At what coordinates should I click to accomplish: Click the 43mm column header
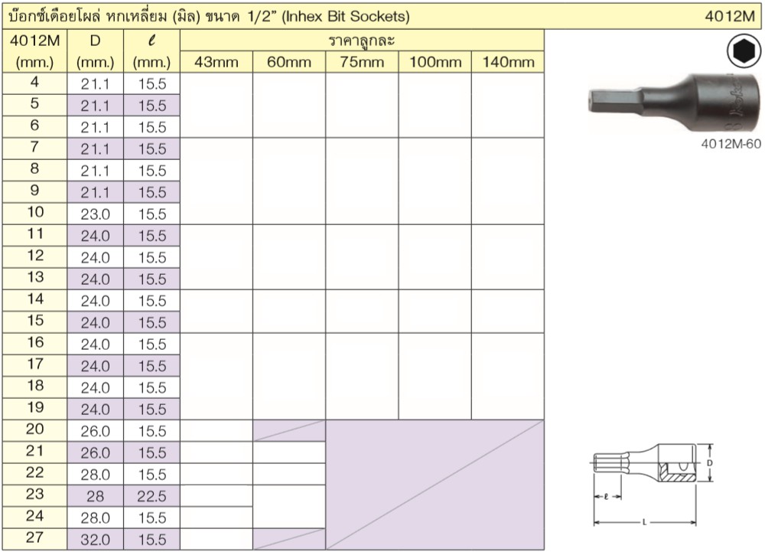(x=216, y=62)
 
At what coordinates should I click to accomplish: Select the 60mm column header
(x=289, y=62)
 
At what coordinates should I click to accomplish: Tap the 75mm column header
(x=362, y=62)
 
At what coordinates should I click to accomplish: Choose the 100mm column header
(x=435, y=62)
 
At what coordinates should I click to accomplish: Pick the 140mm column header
(x=507, y=62)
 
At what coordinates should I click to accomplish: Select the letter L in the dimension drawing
(x=644, y=523)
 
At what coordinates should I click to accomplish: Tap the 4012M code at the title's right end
(x=732, y=15)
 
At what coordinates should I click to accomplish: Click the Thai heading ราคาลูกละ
(x=362, y=41)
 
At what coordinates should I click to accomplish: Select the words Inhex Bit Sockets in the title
(x=348, y=15)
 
